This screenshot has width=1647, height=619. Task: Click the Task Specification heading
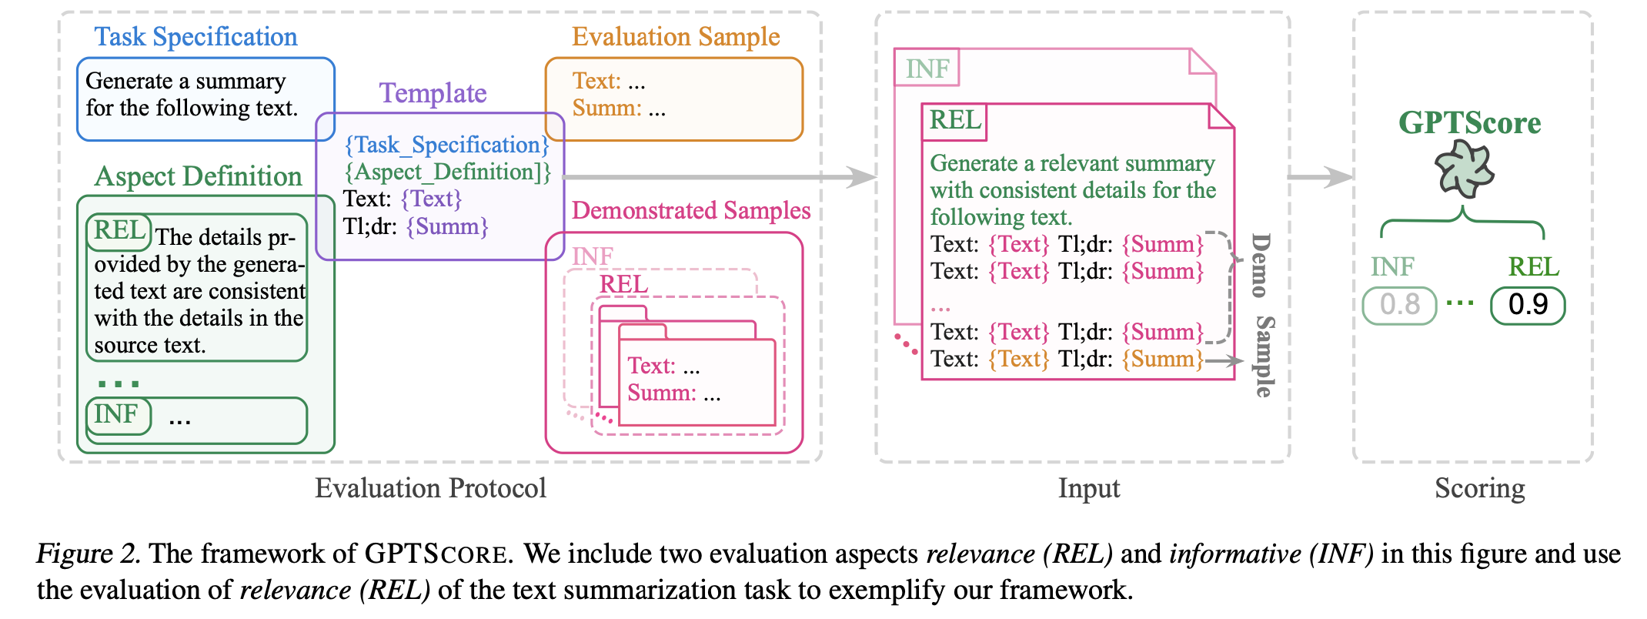click(x=195, y=37)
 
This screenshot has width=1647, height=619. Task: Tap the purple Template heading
click(x=433, y=93)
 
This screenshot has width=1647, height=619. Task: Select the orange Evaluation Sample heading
click(x=676, y=37)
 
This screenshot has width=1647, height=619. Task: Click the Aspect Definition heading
click(x=198, y=176)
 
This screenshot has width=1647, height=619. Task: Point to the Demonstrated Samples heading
click(x=691, y=210)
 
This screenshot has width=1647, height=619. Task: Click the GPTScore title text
click(x=1469, y=123)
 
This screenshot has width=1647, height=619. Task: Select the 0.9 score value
click(x=1528, y=305)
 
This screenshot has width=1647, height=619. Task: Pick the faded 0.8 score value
click(x=1399, y=305)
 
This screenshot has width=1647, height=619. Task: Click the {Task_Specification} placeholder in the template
click(x=446, y=145)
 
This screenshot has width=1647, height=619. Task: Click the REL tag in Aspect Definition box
click(x=119, y=231)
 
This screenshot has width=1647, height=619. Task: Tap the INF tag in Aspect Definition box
click(x=117, y=415)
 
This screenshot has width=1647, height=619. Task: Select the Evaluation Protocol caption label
click(x=430, y=488)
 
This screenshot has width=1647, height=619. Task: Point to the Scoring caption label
click(x=1479, y=488)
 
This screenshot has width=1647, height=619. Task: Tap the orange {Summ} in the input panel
click(x=1162, y=360)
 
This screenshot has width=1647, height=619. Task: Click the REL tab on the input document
click(x=954, y=121)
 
